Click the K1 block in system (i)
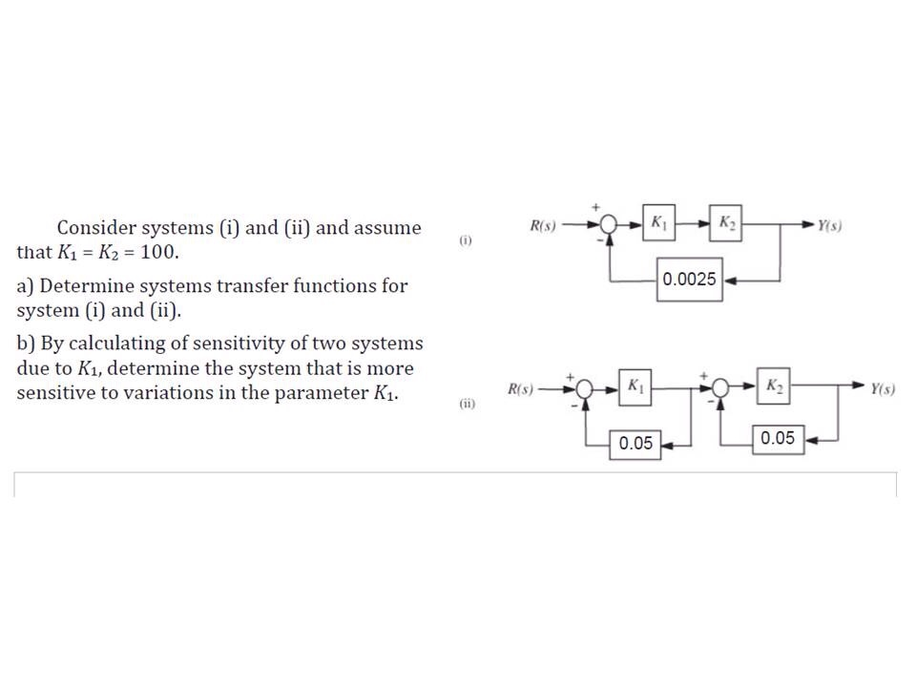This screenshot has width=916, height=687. [659, 223]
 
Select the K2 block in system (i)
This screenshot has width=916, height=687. [726, 223]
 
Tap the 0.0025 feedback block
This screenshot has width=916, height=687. [690, 280]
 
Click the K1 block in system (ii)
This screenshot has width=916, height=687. [635, 386]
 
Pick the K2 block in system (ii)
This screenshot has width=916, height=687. [774, 386]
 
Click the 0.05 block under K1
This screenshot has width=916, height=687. [635, 443]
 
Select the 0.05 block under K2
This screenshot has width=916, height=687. [778, 439]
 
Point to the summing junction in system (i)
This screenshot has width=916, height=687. [609, 226]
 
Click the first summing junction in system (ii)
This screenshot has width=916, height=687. [585, 389]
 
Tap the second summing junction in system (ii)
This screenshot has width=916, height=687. [722, 388]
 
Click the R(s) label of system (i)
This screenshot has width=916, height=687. [542, 226]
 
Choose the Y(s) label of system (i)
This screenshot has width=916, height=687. [829, 226]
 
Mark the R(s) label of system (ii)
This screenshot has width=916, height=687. [520, 389]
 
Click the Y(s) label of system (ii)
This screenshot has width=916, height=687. [882, 389]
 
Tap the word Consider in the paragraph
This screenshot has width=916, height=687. [98, 228]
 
